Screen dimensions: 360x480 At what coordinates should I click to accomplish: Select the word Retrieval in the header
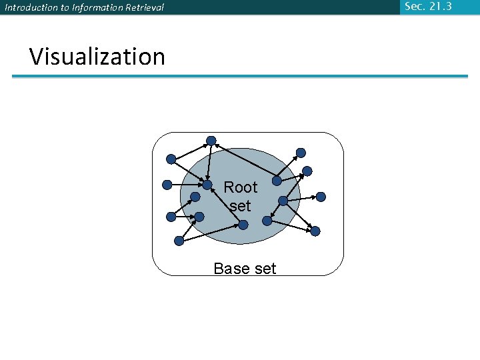point(145,8)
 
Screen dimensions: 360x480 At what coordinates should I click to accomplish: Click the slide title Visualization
point(97,57)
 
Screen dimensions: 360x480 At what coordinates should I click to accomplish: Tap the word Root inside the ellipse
point(240,187)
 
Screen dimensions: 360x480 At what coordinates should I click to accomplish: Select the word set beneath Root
point(240,206)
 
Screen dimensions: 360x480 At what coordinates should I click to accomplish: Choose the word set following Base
point(263,269)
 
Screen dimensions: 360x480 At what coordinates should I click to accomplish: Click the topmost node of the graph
point(211,141)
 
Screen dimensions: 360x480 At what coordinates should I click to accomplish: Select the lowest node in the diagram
point(179,241)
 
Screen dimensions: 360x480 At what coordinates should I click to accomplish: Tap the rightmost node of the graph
point(321,197)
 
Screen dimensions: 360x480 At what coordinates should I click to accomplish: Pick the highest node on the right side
point(301,153)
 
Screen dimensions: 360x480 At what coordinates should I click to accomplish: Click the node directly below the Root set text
point(243,225)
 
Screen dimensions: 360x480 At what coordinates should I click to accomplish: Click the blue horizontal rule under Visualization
point(240,77)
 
